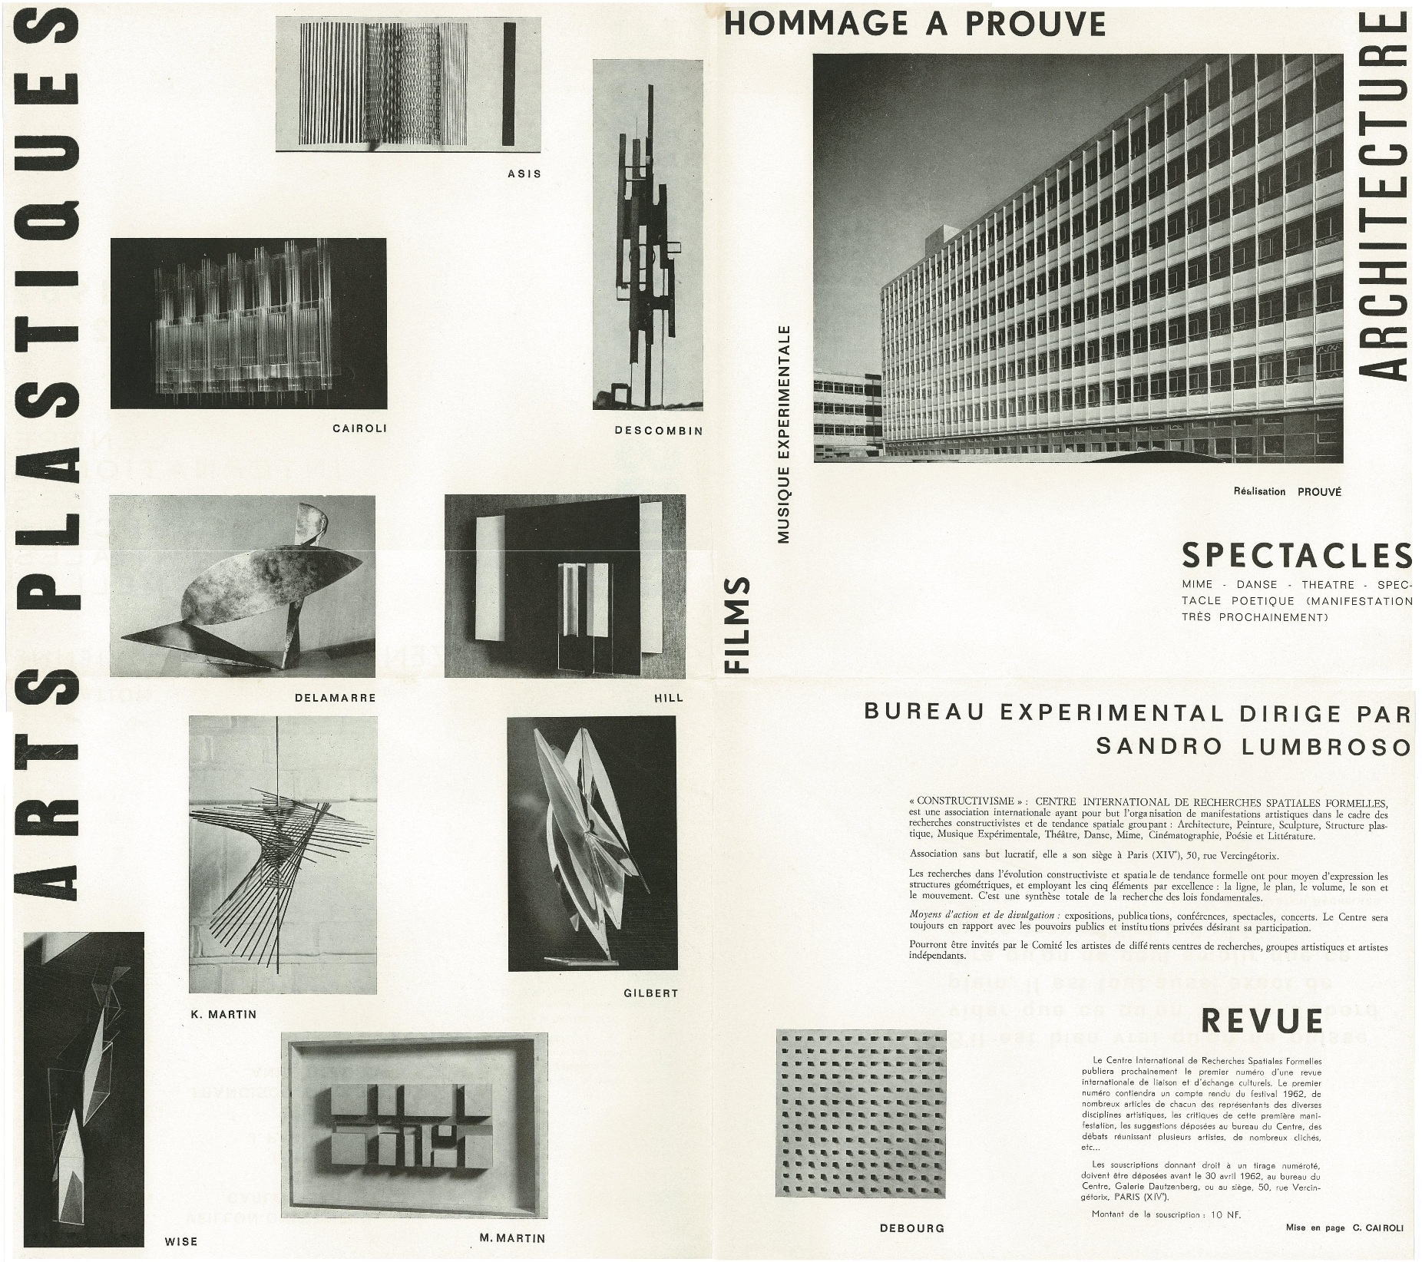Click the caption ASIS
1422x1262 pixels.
coord(524,173)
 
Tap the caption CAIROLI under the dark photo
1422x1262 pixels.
coord(359,428)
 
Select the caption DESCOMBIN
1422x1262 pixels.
coord(658,431)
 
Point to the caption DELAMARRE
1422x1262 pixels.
coord(335,698)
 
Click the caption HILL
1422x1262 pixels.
coord(666,698)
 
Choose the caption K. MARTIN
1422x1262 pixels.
coord(223,1014)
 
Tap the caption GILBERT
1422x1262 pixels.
coord(651,993)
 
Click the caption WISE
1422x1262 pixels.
coord(181,1241)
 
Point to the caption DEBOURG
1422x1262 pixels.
coord(912,1228)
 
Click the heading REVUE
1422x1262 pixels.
coord(1262,1021)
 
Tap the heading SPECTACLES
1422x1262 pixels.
coord(1297,555)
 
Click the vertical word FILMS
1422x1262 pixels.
coord(737,626)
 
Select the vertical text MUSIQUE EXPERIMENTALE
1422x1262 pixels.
coord(784,434)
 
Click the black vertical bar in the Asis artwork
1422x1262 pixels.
coord(508,84)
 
